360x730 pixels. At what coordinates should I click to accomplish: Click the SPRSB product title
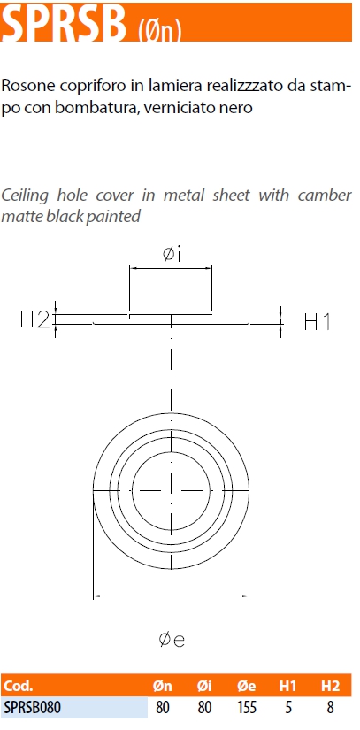64,24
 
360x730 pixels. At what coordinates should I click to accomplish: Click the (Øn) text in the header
159,31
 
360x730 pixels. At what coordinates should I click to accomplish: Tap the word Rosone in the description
29,85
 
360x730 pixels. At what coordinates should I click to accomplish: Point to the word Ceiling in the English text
25,195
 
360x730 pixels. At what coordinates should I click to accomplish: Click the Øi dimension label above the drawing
172,253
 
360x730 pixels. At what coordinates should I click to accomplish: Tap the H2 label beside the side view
34,319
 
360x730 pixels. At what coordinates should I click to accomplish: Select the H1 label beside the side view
318,322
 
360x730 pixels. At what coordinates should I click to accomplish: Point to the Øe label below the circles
172,640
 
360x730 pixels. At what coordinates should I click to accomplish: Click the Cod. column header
19,685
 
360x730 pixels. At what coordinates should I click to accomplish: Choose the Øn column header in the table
163,685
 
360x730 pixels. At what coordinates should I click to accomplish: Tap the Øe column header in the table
247,685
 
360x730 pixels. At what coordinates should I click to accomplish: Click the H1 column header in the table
287,685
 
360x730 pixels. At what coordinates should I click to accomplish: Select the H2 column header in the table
330,685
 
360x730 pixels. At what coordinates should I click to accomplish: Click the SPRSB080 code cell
32,708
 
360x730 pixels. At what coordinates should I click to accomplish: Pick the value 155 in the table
247,708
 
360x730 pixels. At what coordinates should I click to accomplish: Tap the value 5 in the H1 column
288,708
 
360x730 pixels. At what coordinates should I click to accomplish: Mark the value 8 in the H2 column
330,708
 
